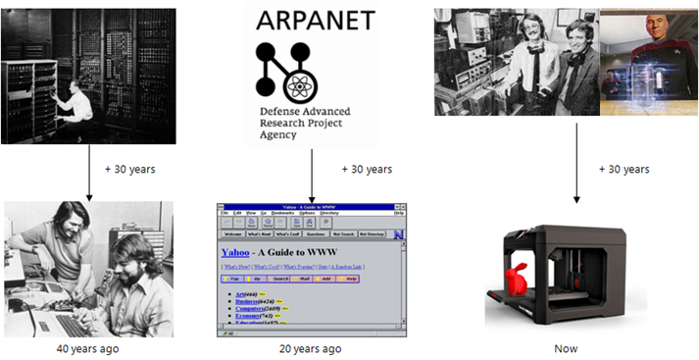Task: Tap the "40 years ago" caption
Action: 88,347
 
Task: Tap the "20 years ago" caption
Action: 310,347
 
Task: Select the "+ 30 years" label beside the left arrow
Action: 129,169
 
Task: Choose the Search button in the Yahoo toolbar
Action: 281,279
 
